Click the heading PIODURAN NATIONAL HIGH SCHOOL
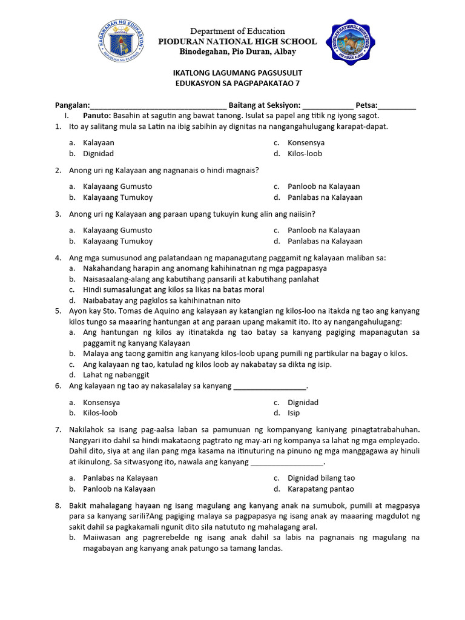(x=237, y=42)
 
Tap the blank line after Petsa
(x=397, y=105)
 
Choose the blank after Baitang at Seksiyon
(x=328, y=105)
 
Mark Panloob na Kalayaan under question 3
(x=323, y=230)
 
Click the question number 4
(x=58, y=258)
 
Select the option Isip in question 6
(x=294, y=413)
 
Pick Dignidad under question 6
(x=303, y=402)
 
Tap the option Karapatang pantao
(x=321, y=489)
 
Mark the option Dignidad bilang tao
(x=321, y=478)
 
